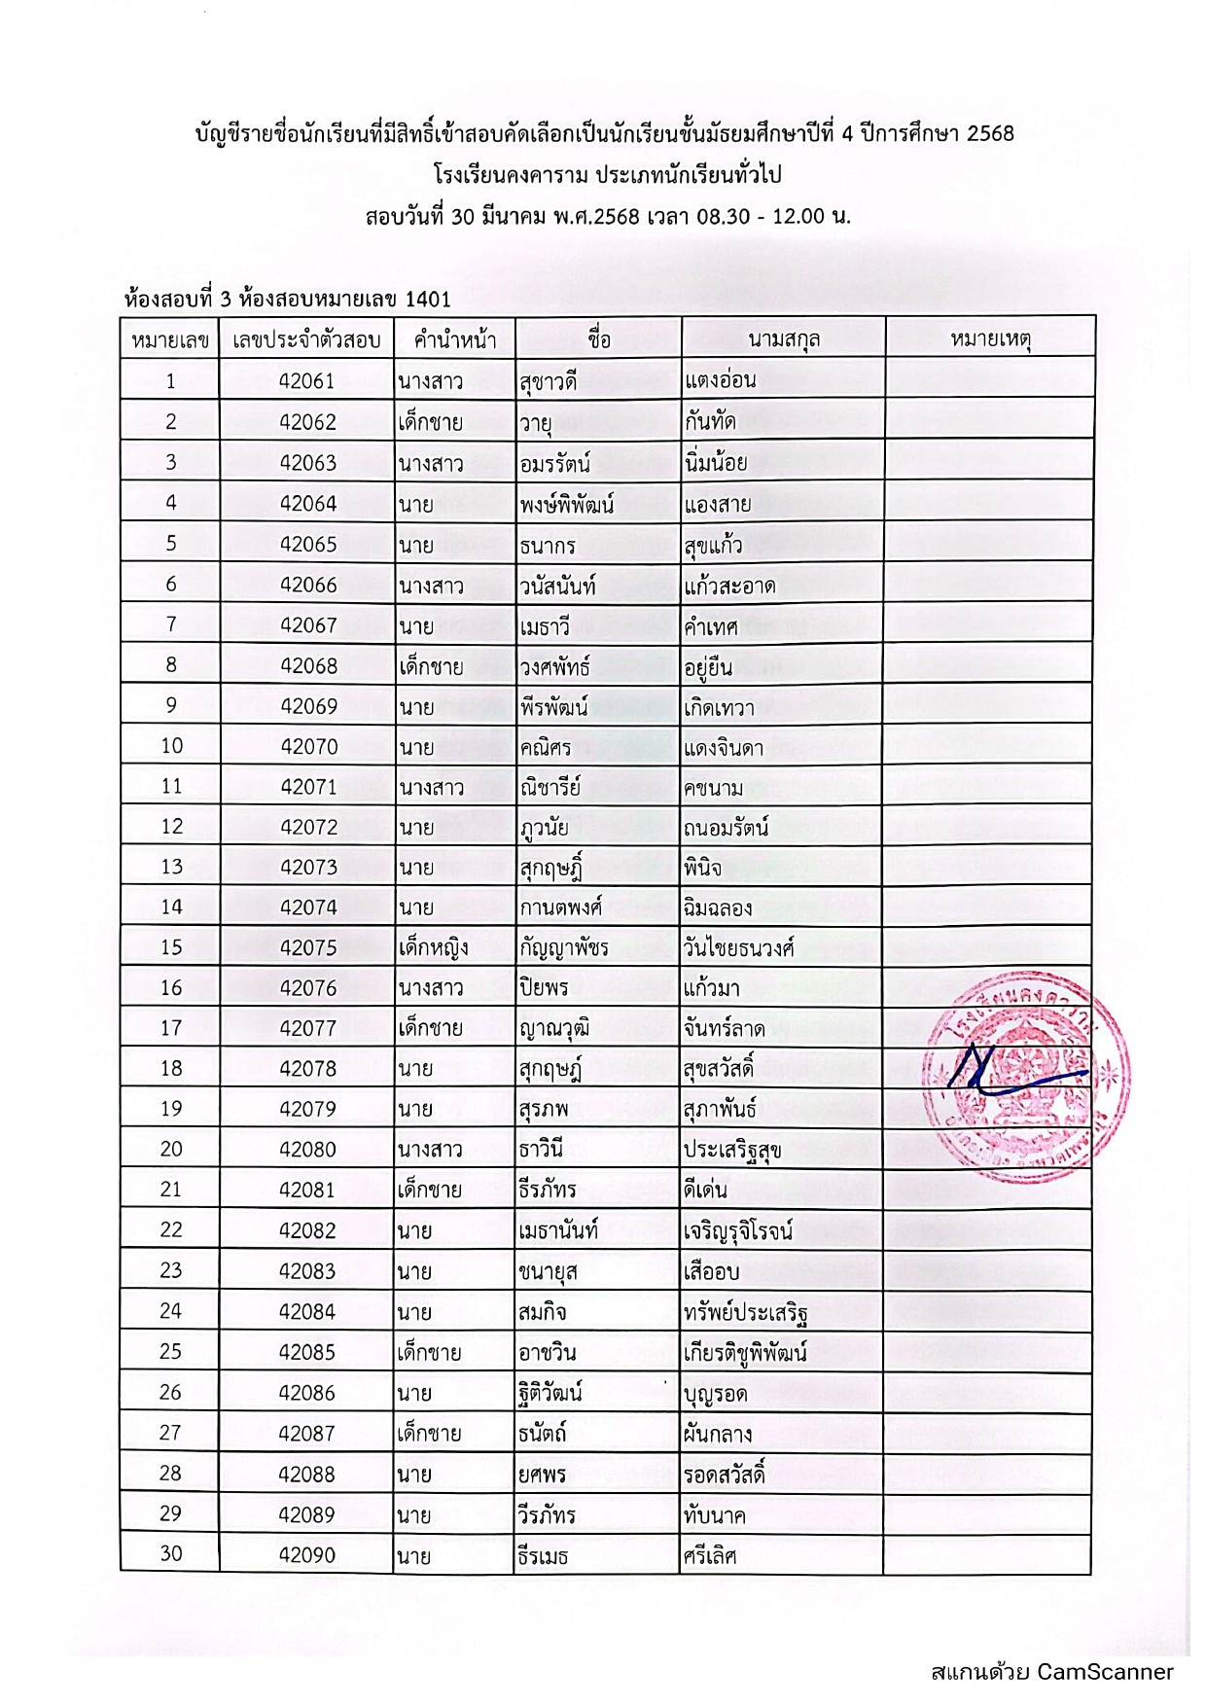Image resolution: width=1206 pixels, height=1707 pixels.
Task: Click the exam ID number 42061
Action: (306, 381)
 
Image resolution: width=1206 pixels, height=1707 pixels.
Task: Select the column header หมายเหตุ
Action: (990, 339)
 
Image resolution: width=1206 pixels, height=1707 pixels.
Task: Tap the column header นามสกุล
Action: (784, 339)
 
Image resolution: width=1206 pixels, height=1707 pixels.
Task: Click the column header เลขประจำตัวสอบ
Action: (306, 340)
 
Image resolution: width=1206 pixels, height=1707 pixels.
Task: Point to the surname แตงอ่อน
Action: (721, 380)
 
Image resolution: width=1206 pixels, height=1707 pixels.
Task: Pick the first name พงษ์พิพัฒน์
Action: (566, 504)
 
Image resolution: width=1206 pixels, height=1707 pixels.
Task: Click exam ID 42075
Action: (307, 947)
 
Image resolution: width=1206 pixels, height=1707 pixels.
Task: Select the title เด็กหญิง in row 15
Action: (433, 947)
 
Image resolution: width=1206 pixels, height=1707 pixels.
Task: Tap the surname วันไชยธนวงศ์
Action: (739, 947)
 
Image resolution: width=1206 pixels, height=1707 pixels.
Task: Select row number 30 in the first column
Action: (170, 1553)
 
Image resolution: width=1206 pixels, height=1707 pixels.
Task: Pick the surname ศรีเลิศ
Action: (710, 1555)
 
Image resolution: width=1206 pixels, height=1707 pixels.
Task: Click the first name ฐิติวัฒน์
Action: (550, 1393)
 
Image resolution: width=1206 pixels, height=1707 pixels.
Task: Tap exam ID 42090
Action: (306, 1555)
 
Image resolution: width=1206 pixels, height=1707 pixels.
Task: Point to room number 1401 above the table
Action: (428, 299)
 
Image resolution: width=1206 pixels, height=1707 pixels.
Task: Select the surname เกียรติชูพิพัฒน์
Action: (746, 1352)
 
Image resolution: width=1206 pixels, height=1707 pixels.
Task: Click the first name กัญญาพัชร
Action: (564, 947)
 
